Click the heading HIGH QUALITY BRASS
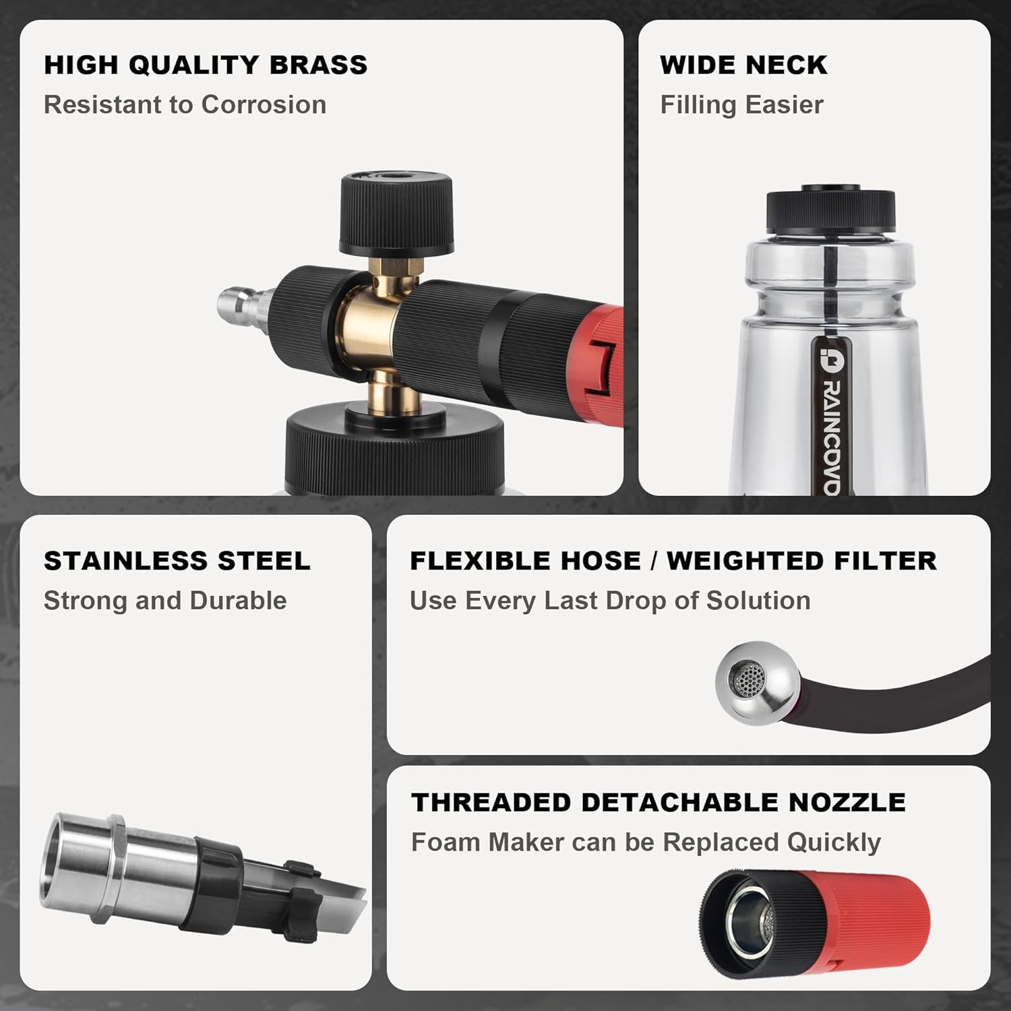(206, 65)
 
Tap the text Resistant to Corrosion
(185, 104)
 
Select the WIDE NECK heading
(743, 65)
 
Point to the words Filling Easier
(741, 104)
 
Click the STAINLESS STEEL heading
(177, 561)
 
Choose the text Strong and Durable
(165, 601)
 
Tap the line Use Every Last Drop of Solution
(610, 601)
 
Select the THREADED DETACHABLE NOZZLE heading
(658, 802)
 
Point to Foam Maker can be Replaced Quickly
(646, 842)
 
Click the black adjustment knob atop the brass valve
(396, 214)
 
